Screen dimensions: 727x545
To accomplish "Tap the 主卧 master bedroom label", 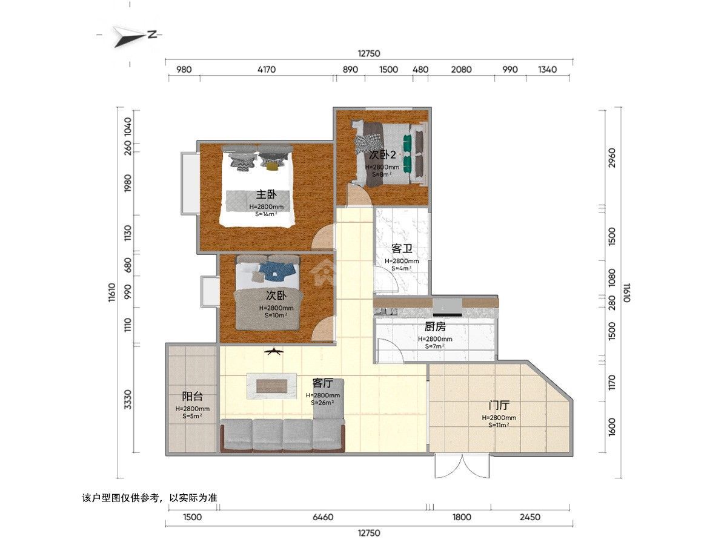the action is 267,194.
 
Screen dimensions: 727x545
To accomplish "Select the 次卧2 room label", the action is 382,154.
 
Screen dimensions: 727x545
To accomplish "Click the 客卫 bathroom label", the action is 402,248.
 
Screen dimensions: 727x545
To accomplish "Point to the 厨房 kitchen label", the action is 435,326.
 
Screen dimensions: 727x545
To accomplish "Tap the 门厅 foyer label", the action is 499,405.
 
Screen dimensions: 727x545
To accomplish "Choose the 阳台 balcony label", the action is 193,396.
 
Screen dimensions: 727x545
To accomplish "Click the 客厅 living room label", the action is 322,383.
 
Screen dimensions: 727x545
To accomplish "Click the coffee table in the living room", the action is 271,386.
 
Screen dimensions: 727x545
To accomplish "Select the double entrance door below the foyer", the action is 462,466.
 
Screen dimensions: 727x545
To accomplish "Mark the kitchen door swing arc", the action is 390,350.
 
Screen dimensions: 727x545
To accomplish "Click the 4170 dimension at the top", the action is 267,70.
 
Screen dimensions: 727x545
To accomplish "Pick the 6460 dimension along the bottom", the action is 323,517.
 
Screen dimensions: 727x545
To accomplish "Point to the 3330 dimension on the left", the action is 128,400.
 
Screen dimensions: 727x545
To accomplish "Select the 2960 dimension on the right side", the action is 612,158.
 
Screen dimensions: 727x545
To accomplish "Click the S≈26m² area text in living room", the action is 322,403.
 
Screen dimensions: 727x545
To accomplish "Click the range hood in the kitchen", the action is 448,308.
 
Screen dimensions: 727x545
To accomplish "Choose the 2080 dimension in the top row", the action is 461,70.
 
